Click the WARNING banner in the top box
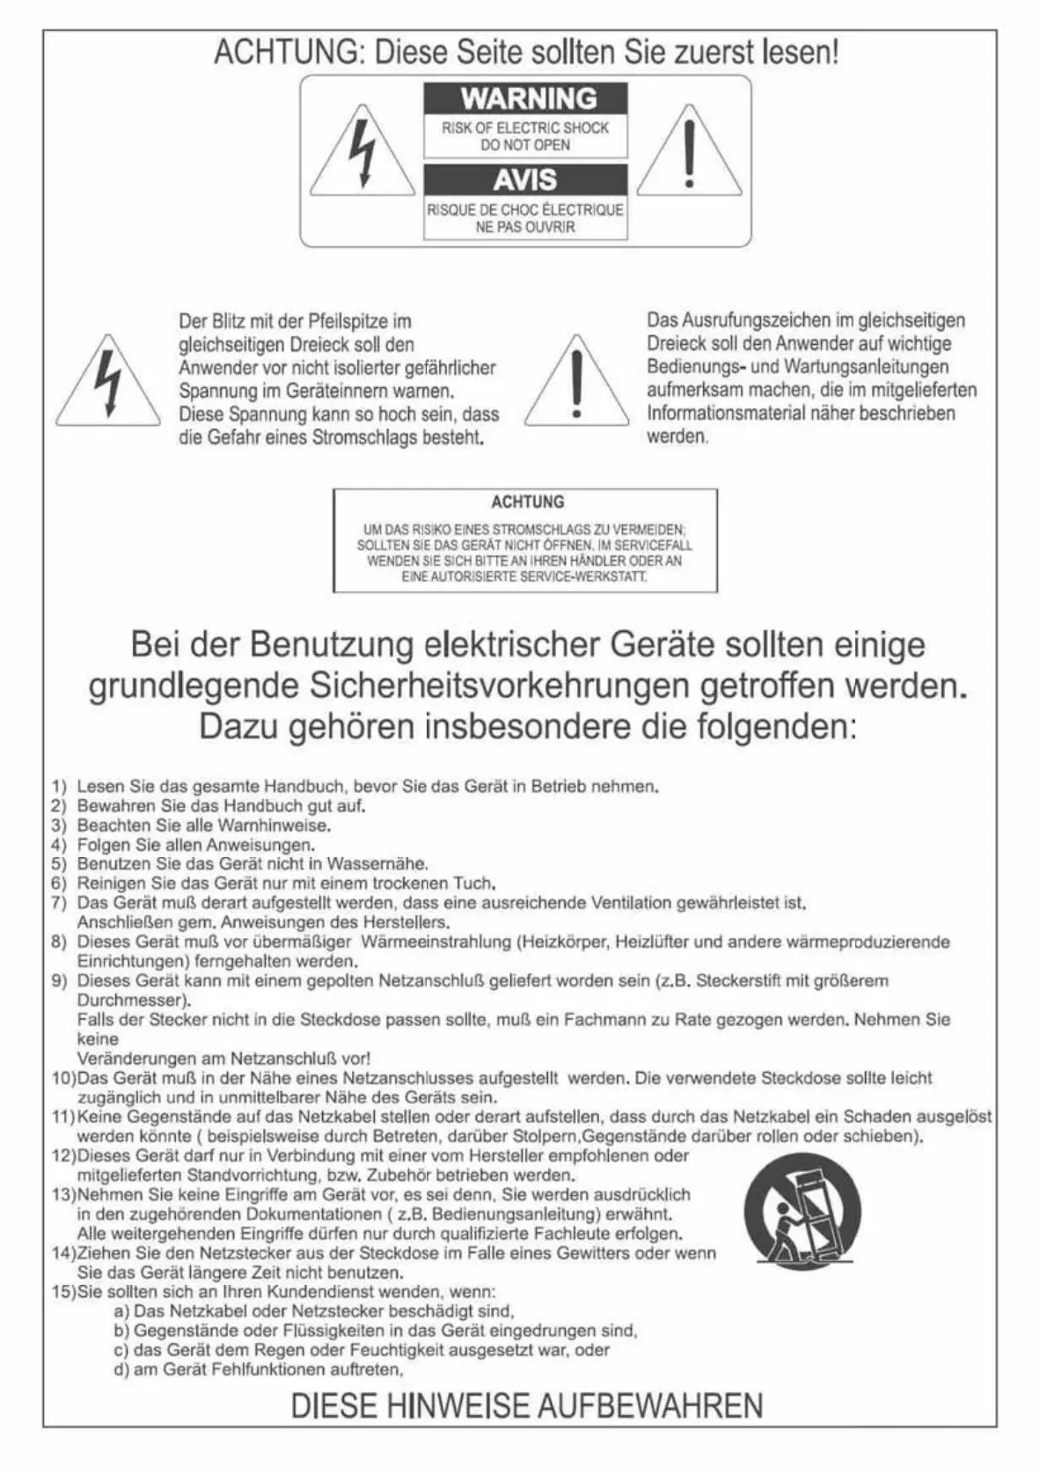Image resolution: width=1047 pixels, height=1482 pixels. coord(525,98)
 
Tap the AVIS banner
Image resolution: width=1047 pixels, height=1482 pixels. coord(525,180)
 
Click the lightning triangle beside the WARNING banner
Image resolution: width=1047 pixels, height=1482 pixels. coord(362,154)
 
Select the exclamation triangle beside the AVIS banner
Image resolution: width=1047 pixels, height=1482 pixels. coord(689,154)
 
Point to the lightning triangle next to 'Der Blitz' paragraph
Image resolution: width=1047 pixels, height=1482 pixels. coord(108,383)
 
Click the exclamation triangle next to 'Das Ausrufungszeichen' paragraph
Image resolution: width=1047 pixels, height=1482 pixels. coord(576,383)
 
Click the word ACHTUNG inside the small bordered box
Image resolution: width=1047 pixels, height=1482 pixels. coord(527,502)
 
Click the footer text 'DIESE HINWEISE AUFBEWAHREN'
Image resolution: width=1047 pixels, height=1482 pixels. coord(526,1405)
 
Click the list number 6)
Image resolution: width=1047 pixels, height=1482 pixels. coord(59,883)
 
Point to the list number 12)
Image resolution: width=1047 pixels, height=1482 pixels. coord(64,1156)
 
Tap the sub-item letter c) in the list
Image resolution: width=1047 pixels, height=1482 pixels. coord(121,1350)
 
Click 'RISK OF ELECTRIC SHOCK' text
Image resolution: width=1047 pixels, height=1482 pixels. coord(525,128)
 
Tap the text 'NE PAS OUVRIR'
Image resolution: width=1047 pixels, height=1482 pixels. coord(525,226)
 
